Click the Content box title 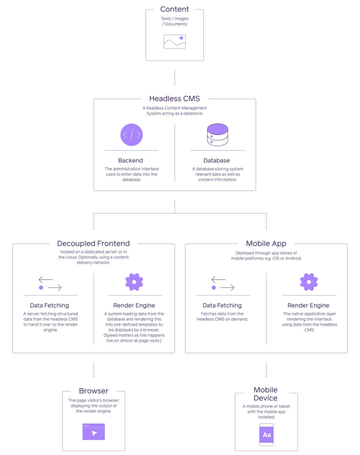(174, 9)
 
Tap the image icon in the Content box (175, 42)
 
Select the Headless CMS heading (175, 99)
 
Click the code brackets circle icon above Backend (131, 134)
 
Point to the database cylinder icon (217, 135)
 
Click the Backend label (130, 160)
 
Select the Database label (216, 160)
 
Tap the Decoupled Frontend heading (93, 244)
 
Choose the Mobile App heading (266, 244)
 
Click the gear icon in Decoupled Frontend (134, 282)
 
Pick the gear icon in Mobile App (309, 282)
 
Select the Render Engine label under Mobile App (309, 305)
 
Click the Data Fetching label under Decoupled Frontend (49, 305)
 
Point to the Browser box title (94, 391)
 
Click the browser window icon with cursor (94, 432)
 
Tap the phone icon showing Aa (267, 434)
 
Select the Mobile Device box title (265, 394)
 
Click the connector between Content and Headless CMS (174, 77)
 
